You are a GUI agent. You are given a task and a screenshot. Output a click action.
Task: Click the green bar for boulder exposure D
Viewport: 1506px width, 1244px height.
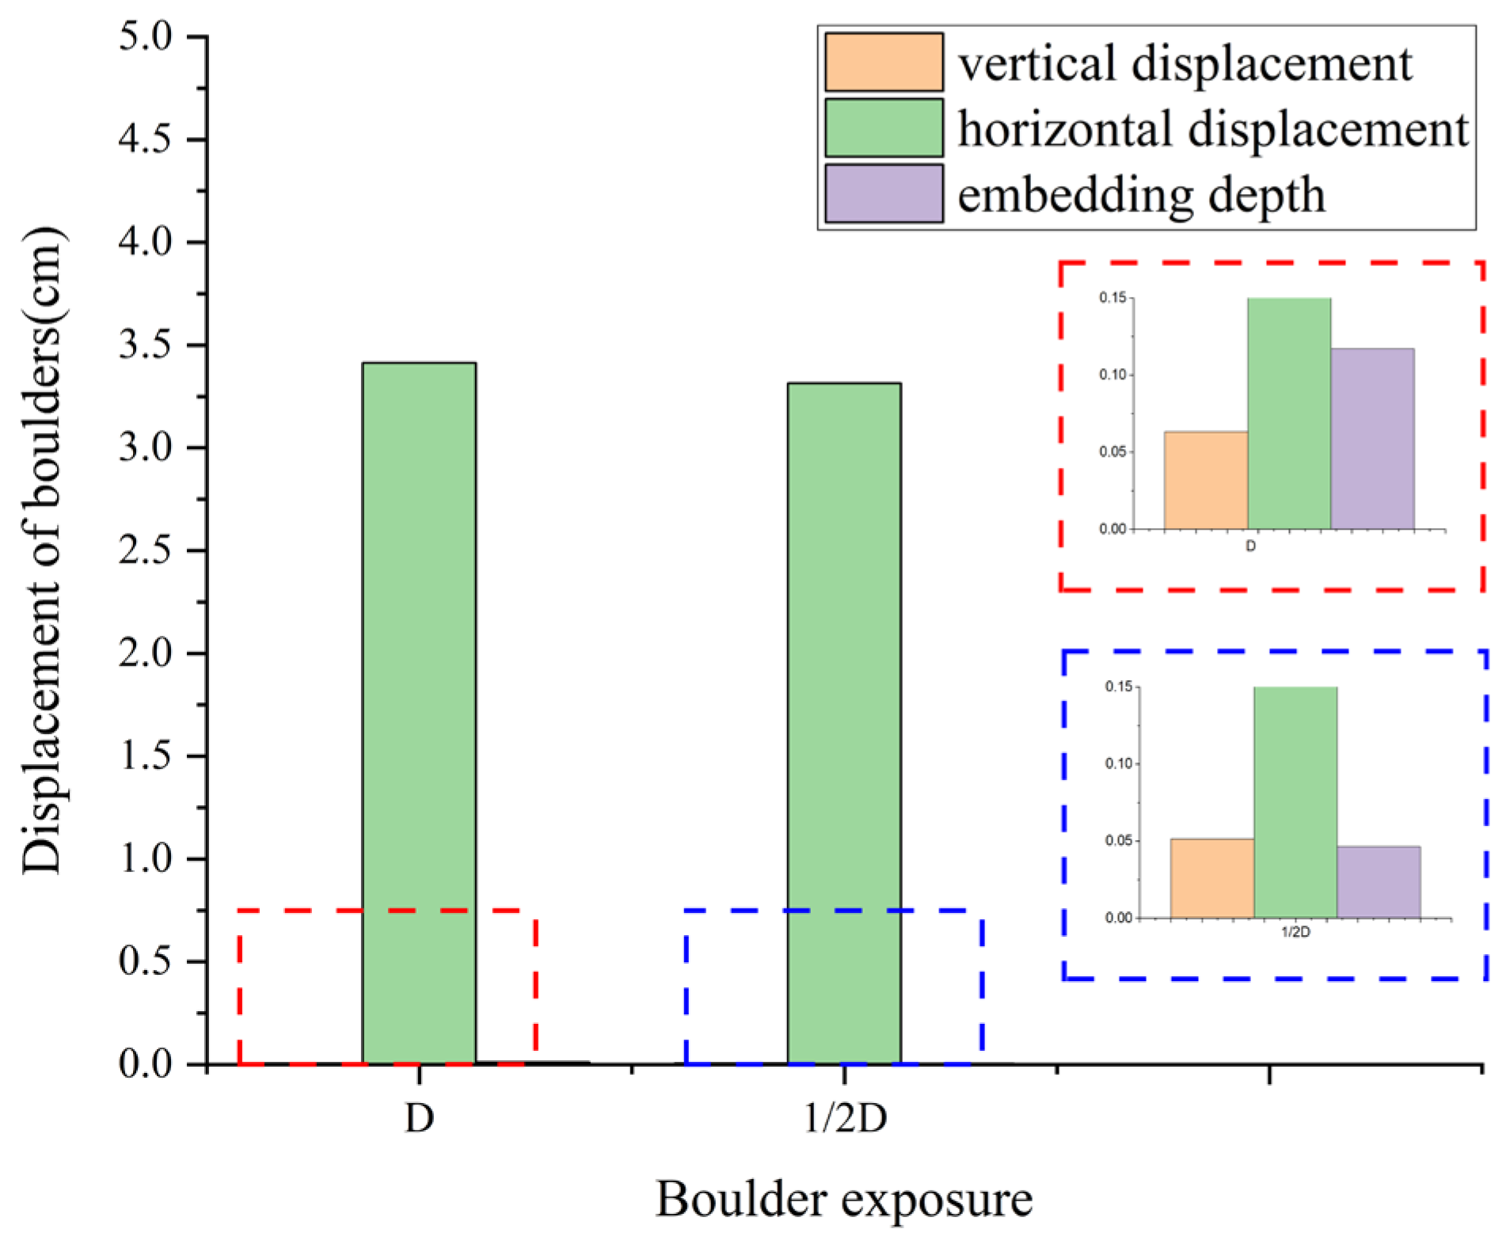(419, 713)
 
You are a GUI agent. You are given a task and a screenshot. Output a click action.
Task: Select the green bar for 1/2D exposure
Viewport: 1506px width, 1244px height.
(844, 723)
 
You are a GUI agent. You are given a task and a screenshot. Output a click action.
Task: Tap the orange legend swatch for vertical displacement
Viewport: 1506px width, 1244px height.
(884, 62)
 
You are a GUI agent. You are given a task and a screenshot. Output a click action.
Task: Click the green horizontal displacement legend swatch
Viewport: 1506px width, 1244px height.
(884, 127)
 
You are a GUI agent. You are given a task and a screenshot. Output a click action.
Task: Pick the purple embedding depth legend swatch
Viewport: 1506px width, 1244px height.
(884, 193)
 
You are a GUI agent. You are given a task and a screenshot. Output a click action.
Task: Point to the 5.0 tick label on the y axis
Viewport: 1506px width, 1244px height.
(145, 36)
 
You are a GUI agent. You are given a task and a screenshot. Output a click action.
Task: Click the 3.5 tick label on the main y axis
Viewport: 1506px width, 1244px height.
(145, 345)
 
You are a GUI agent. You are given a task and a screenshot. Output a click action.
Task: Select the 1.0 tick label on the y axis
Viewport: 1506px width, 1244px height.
(145, 858)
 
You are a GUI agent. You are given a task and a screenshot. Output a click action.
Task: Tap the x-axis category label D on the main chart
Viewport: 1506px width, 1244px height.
(420, 1118)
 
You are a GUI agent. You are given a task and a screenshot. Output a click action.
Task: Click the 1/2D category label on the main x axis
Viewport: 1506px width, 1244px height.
(845, 1118)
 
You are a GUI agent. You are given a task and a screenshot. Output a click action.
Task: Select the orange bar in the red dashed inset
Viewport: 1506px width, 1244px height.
(1206, 480)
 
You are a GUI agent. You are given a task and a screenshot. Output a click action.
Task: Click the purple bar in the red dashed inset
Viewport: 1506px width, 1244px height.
(1372, 439)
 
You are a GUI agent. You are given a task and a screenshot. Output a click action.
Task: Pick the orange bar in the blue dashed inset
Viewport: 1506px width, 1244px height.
(1212, 878)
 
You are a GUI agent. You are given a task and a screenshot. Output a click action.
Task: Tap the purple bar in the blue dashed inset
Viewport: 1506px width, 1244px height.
(1379, 882)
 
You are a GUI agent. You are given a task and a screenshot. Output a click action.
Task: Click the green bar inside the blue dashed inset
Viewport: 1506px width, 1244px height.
(1295, 802)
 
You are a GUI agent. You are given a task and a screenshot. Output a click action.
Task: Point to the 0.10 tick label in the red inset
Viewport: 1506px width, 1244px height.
(1112, 375)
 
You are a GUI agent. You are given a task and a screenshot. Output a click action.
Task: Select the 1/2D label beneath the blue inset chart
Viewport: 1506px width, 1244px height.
(1295, 932)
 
